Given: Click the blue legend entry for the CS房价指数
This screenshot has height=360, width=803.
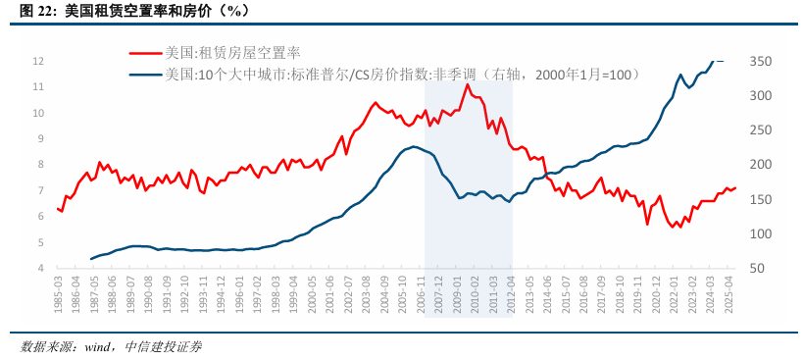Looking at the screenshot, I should click(x=402, y=74).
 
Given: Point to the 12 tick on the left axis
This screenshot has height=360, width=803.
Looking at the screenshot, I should click(x=38, y=61).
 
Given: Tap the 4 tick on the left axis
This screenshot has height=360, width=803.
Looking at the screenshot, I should click(x=40, y=268).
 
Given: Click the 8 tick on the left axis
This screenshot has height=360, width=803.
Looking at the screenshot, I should click(x=40, y=165).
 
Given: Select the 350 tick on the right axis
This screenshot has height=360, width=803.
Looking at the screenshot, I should click(x=762, y=61).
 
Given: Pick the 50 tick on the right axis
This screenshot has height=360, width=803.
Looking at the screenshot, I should click(x=759, y=268).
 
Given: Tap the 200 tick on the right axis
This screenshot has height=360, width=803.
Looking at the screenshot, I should click(x=762, y=165).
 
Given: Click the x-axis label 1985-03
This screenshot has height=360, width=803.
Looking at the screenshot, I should click(x=59, y=292).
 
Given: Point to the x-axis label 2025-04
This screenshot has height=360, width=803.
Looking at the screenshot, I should click(x=727, y=292).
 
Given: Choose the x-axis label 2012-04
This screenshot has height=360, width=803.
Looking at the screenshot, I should click(x=511, y=292).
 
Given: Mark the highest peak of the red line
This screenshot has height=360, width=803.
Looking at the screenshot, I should click(x=468, y=84).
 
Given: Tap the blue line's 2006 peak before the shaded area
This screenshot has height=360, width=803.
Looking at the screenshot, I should click(x=415, y=146).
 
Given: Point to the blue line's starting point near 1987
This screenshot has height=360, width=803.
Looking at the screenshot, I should click(x=91, y=259).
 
